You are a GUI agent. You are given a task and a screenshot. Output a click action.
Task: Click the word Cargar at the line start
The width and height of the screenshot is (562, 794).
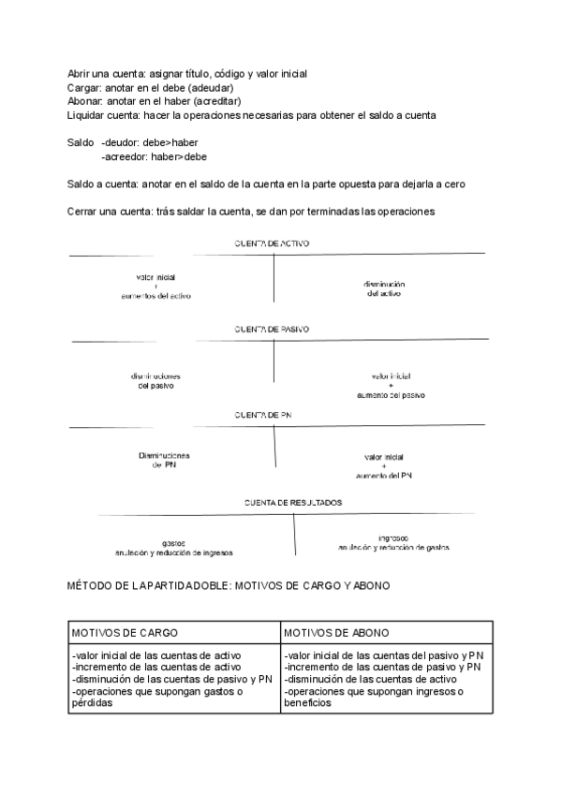click(x=82, y=87)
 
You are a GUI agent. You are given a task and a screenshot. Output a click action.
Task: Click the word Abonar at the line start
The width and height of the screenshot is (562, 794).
click(x=83, y=101)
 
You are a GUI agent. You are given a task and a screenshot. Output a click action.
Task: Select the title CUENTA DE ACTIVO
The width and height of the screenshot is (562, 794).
click(x=273, y=243)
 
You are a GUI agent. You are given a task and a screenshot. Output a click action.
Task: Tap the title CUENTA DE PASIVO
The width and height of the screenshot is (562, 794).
click(x=273, y=330)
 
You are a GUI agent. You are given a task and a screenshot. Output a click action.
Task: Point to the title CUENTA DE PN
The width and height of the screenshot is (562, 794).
click(x=267, y=414)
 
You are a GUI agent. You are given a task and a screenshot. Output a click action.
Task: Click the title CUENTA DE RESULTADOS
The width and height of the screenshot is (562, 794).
click(x=293, y=503)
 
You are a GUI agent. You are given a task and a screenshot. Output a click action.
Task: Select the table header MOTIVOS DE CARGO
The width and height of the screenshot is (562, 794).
click(x=125, y=633)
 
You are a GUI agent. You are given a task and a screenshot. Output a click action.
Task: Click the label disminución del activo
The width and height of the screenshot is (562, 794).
click(x=384, y=288)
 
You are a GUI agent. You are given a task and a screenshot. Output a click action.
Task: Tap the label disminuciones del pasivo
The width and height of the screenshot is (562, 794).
click(x=155, y=380)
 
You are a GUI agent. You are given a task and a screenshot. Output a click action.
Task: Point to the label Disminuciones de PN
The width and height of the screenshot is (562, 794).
click(x=164, y=460)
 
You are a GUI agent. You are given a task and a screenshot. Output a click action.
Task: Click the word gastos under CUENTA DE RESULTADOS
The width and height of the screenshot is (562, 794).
click(x=173, y=544)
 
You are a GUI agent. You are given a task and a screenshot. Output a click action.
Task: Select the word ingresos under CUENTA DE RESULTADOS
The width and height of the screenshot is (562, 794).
click(x=392, y=538)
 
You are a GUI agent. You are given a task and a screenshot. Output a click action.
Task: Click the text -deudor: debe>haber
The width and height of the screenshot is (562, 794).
click(x=150, y=142)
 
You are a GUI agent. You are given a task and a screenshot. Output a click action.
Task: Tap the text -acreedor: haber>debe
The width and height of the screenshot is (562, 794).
click(x=155, y=156)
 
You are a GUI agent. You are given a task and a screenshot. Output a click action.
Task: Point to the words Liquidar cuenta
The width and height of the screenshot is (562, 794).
click(x=103, y=115)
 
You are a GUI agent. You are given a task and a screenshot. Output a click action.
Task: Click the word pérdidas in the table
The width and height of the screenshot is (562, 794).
click(x=91, y=703)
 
